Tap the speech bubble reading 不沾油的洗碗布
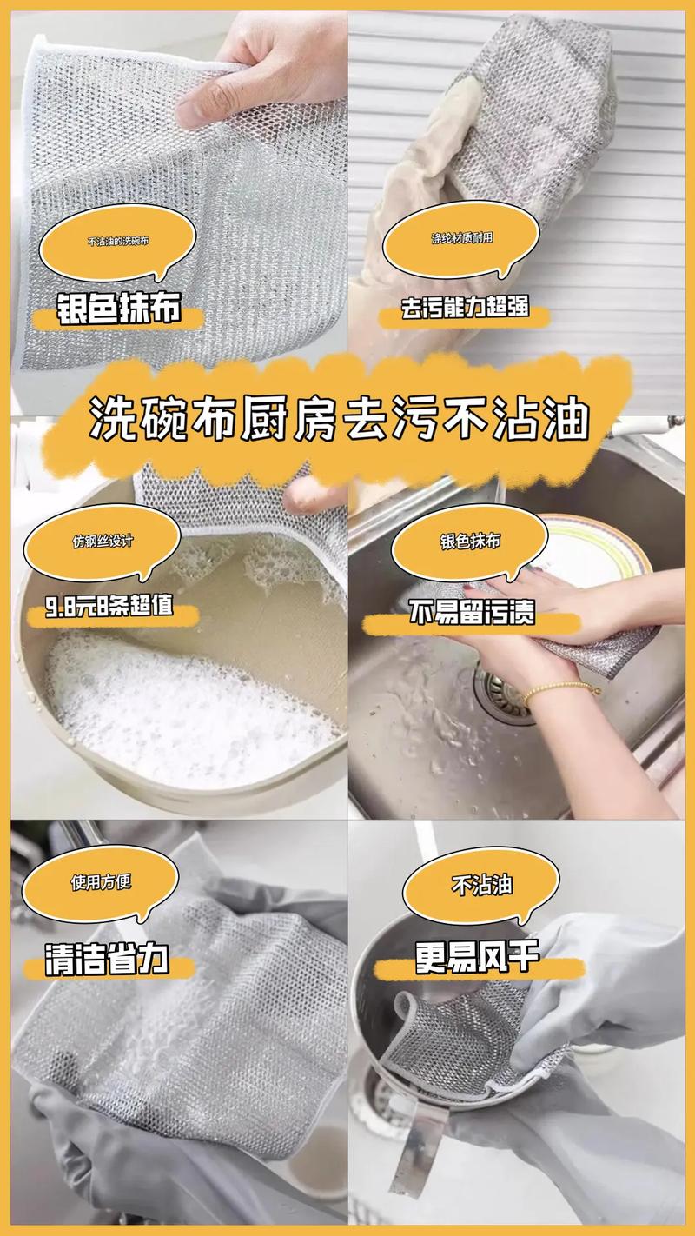tap(118, 243)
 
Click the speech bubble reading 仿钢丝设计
tap(103, 542)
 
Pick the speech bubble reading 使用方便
tap(101, 882)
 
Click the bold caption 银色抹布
tap(119, 307)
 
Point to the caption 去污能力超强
tap(465, 307)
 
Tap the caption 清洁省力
tap(107, 960)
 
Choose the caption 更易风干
tap(477, 956)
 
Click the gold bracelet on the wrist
tap(559, 690)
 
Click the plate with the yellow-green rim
tap(596, 552)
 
